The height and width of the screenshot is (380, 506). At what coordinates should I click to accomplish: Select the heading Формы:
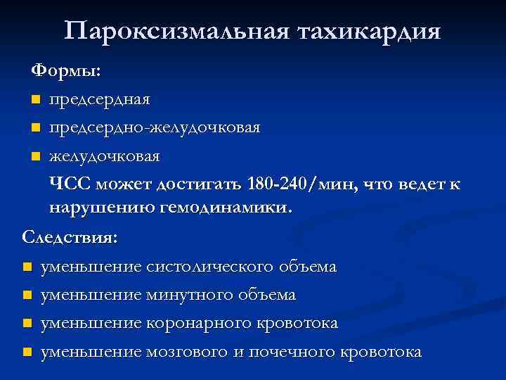(x=65, y=71)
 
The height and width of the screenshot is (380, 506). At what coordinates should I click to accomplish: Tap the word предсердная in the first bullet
(x=99, y=99)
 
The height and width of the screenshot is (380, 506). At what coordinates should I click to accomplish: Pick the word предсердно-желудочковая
(x=155, y=127)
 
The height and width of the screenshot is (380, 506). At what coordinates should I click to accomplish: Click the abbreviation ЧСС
(x=70, y=184)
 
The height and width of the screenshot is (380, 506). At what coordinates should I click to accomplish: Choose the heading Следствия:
(x=70, y=237)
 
